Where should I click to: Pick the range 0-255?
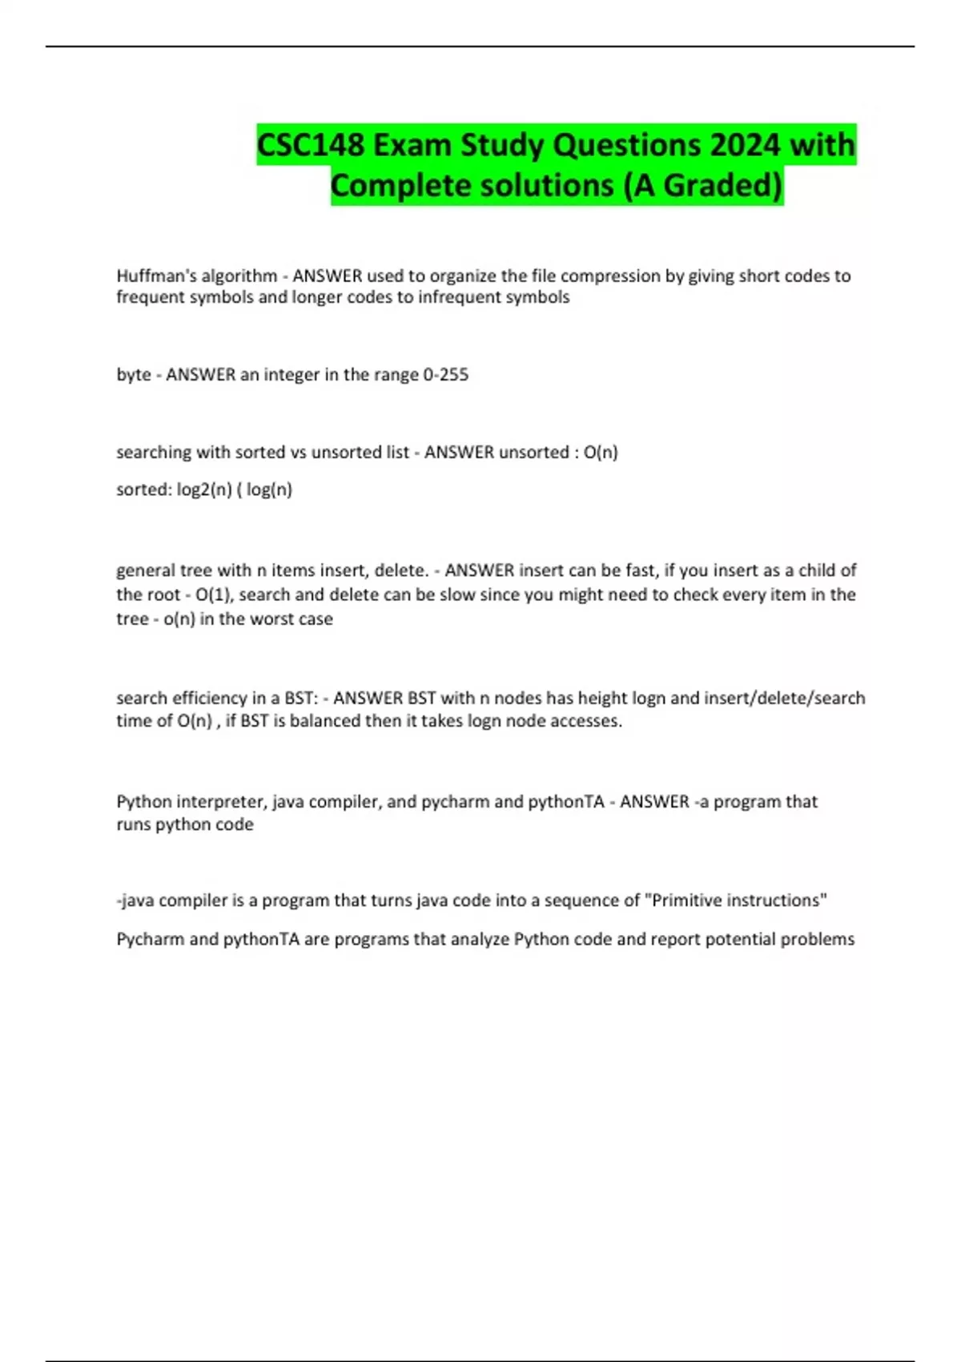[444, 375]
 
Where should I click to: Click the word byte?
[133, 375]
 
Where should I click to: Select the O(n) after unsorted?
[601, 453]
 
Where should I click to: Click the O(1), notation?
[214, 595]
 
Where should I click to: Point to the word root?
[164, 595]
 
